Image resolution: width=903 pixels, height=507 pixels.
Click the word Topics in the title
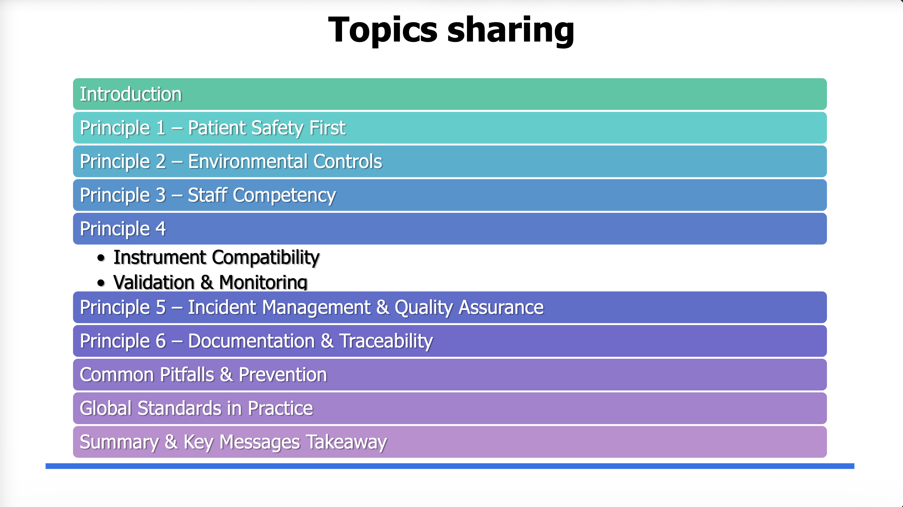383,31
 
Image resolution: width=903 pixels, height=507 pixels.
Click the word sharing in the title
511,31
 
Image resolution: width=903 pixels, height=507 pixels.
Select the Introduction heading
131,94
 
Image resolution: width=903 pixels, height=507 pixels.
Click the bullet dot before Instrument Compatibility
101,258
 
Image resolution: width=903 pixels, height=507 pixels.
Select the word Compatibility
266,258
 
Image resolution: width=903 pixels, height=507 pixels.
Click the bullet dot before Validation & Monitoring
101,283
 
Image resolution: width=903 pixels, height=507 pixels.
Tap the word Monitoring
263,282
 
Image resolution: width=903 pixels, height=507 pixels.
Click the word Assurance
501,307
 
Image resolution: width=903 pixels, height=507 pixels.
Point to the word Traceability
386,341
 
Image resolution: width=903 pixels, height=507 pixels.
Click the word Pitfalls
187,374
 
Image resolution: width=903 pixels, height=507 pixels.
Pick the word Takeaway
346,442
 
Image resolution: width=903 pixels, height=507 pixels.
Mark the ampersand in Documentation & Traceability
327,341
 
